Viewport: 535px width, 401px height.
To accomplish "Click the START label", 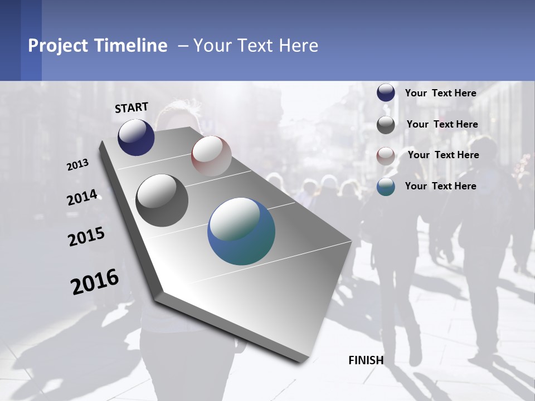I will click(132, 107).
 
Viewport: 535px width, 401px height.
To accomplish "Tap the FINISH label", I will click(366, 360).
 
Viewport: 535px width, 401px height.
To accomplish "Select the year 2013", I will click(77, 165).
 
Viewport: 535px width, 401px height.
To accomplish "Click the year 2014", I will click(82, 198).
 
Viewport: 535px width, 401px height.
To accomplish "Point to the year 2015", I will click(86, 237).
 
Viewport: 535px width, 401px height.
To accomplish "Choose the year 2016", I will click(95, 282).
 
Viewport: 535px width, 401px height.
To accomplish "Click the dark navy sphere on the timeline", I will click(136, 137).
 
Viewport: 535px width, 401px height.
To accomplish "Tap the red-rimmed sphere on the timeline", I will click(211, 155).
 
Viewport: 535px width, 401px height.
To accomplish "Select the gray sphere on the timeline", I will click(162, 200).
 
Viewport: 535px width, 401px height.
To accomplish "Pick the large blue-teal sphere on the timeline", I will click(241, 231).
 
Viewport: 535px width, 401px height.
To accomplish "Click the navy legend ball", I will click(386, 93).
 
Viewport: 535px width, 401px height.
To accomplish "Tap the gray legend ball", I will click(386, 125).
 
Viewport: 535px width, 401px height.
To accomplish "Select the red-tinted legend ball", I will click(386, 155).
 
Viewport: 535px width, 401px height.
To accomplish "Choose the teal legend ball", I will click(386, 187).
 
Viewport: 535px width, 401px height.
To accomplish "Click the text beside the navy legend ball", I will click(440, 93).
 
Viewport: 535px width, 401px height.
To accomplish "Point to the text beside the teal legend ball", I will click(440, 186).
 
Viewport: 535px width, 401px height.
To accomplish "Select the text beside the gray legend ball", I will click(442, 124).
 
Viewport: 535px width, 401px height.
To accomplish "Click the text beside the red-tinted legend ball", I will click(443, 155).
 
